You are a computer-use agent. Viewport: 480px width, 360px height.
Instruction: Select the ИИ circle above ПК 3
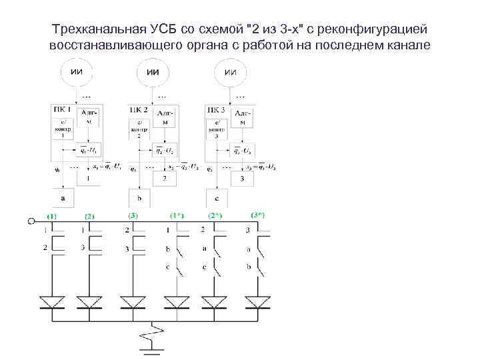coord(231,72)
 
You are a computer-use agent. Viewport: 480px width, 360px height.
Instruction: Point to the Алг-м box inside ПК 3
coord(243,118)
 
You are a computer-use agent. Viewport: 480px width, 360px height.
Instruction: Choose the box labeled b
coord(140,198)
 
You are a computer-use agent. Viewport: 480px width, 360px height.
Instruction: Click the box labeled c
coord(217,198)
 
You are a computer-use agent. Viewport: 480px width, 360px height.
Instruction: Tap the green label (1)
coord(51,217)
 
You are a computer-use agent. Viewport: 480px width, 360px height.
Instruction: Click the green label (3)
coord(133,215)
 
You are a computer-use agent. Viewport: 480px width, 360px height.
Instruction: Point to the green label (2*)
coord(215,216)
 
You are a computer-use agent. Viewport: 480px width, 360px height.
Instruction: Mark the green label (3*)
coord(258,215)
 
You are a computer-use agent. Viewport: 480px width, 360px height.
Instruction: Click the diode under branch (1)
coord(52,303)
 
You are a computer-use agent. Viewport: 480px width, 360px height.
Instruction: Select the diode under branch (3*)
coord(257,303)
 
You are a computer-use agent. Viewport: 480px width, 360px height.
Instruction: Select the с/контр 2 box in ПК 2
coord(139,128)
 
